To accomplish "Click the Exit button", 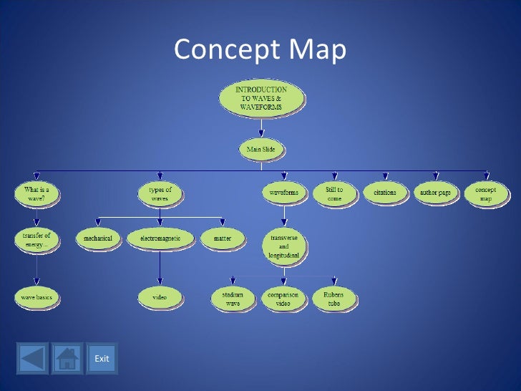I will point(102,358).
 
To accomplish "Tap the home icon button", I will point(67,358).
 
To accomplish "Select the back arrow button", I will point(32,358).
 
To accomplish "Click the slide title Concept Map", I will point(260,49).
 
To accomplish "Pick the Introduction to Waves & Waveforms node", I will point(261,99).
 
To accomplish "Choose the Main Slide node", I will point(261,150).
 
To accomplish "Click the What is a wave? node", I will point(36,193).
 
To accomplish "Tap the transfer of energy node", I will point(36,238).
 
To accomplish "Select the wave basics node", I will point(36,296).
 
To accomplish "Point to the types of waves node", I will point(160,193).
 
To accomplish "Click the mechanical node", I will point(99,238).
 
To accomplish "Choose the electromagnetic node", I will point(160,238).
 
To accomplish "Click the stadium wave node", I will point(233,298).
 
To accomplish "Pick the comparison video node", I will point(283,298).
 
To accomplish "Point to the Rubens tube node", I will point(333,298).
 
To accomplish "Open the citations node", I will point(384,193).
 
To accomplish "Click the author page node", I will point(435,193).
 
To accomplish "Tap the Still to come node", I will point(334,193).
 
